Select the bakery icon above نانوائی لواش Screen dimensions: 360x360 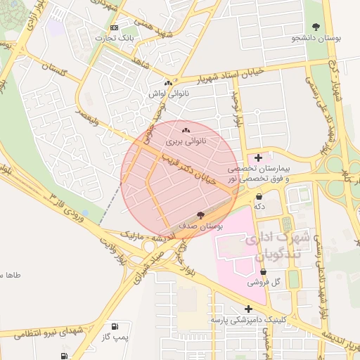[168, 82]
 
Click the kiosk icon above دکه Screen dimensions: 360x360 [259, 196]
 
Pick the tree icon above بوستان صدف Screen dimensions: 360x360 [201, 215]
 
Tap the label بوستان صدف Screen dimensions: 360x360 [201, 226]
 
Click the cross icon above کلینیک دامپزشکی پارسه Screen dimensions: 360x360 [248, 308]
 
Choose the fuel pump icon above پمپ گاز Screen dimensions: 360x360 [114, 327]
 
